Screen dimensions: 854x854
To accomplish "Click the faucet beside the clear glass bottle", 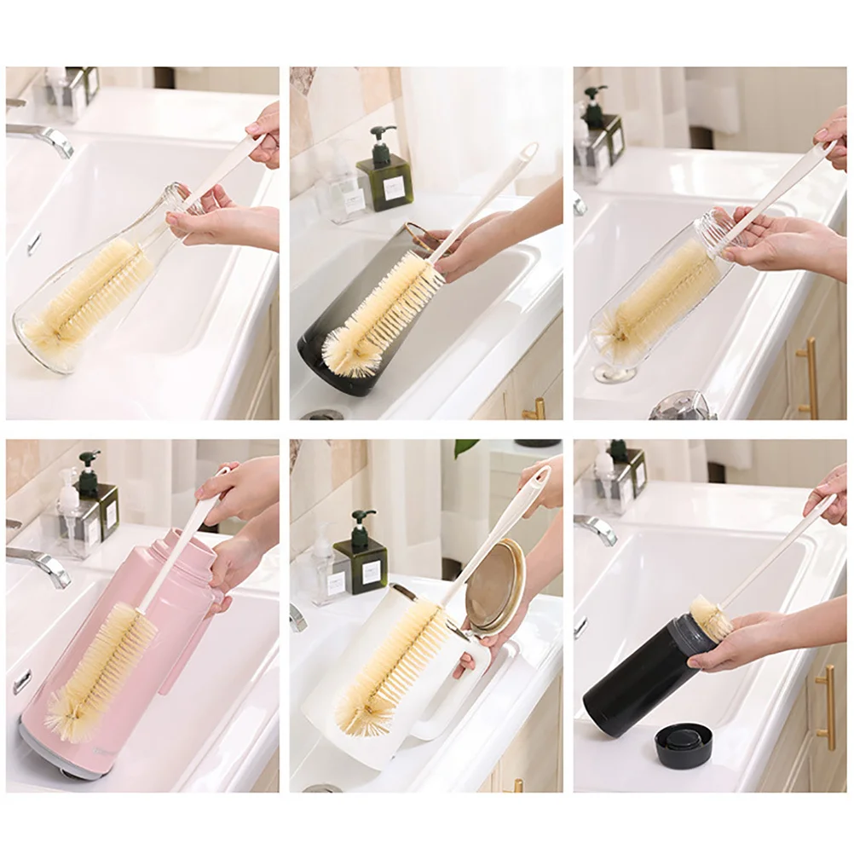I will click(x=43, y=136).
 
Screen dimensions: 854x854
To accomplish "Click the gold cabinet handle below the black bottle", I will click(x=825, y=707).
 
